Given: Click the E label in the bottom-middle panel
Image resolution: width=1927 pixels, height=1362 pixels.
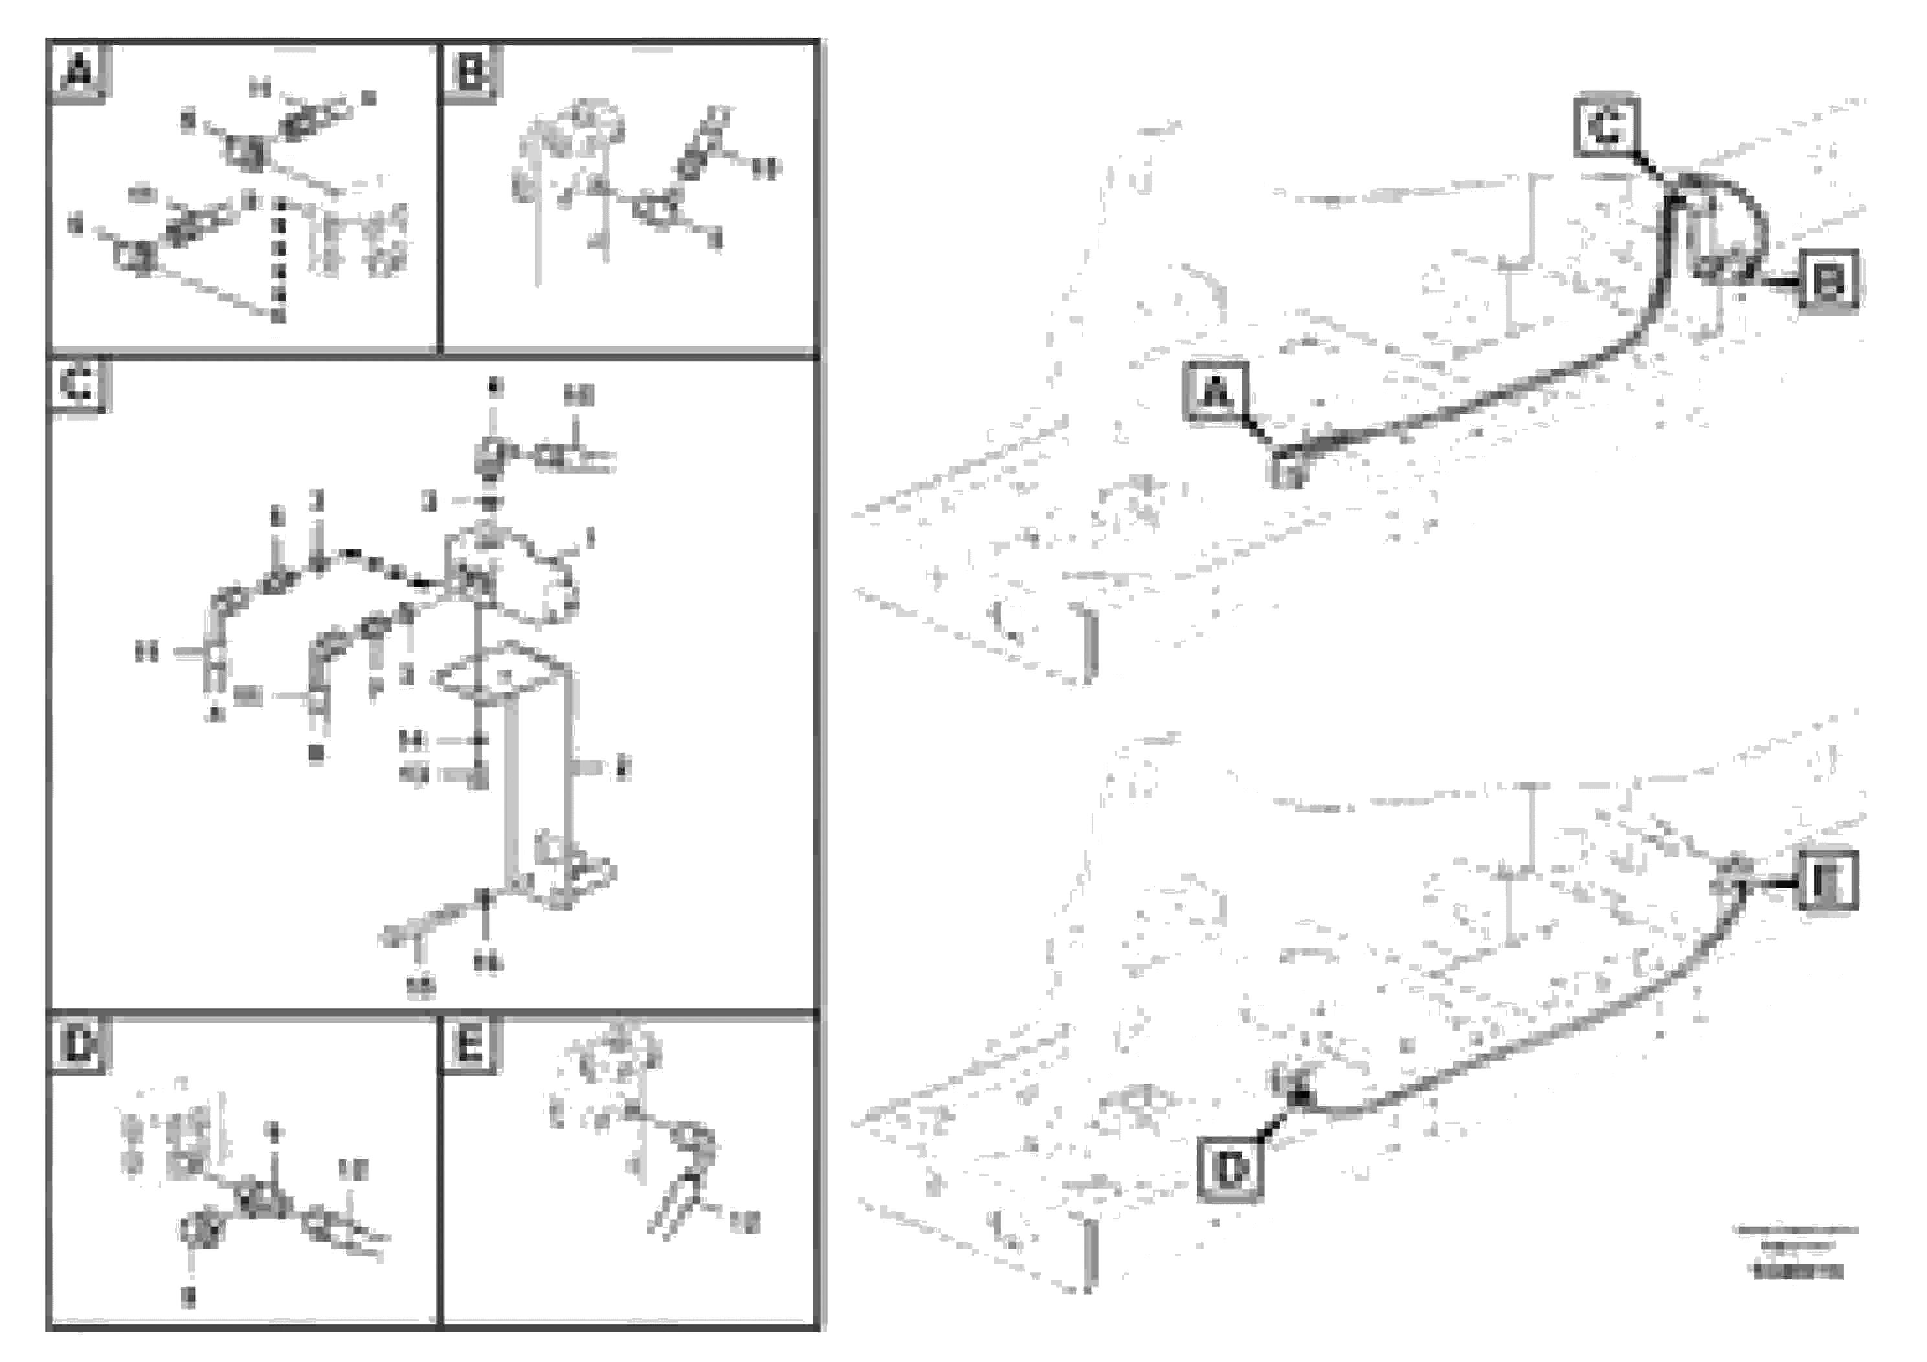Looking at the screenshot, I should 469,1044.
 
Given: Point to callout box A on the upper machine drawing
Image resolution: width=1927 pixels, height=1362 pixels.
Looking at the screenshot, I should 1215,391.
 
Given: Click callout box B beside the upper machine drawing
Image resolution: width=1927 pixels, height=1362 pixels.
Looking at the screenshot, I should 1828,280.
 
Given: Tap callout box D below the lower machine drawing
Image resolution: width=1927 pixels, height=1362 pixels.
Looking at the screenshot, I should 1231,1167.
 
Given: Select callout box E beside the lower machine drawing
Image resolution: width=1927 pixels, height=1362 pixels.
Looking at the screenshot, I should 1827,880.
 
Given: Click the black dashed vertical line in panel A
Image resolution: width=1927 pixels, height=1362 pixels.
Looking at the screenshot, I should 280,260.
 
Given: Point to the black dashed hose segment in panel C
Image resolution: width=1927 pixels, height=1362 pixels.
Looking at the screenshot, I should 386,567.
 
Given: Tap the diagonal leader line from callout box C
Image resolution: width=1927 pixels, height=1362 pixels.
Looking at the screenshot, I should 1652,167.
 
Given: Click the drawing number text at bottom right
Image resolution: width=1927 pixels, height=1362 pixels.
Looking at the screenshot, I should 1797,1271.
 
